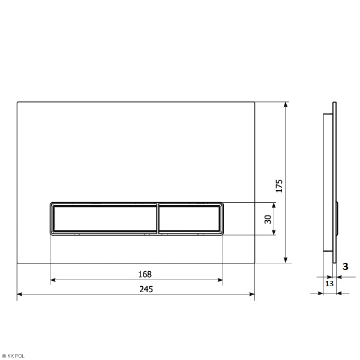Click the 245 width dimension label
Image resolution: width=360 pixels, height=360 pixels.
(x=146, y=289)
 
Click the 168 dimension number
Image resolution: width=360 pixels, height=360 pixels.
(x=145, y=274)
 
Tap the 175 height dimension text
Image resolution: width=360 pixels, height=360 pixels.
(x=279, y=186)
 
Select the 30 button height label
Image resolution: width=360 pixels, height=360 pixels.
(x=268, y=219)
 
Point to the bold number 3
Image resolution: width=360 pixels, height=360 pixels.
(x=346, y=266)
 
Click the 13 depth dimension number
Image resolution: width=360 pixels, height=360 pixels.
(x=329, y=284)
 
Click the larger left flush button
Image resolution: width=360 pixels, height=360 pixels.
(x=105, y=218)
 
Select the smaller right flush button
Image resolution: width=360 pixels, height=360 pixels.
(x=189, y=218)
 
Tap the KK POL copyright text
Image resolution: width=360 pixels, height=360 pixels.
(x=13, y=356)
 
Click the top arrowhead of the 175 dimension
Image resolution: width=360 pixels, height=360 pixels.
(x=286, y=104)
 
